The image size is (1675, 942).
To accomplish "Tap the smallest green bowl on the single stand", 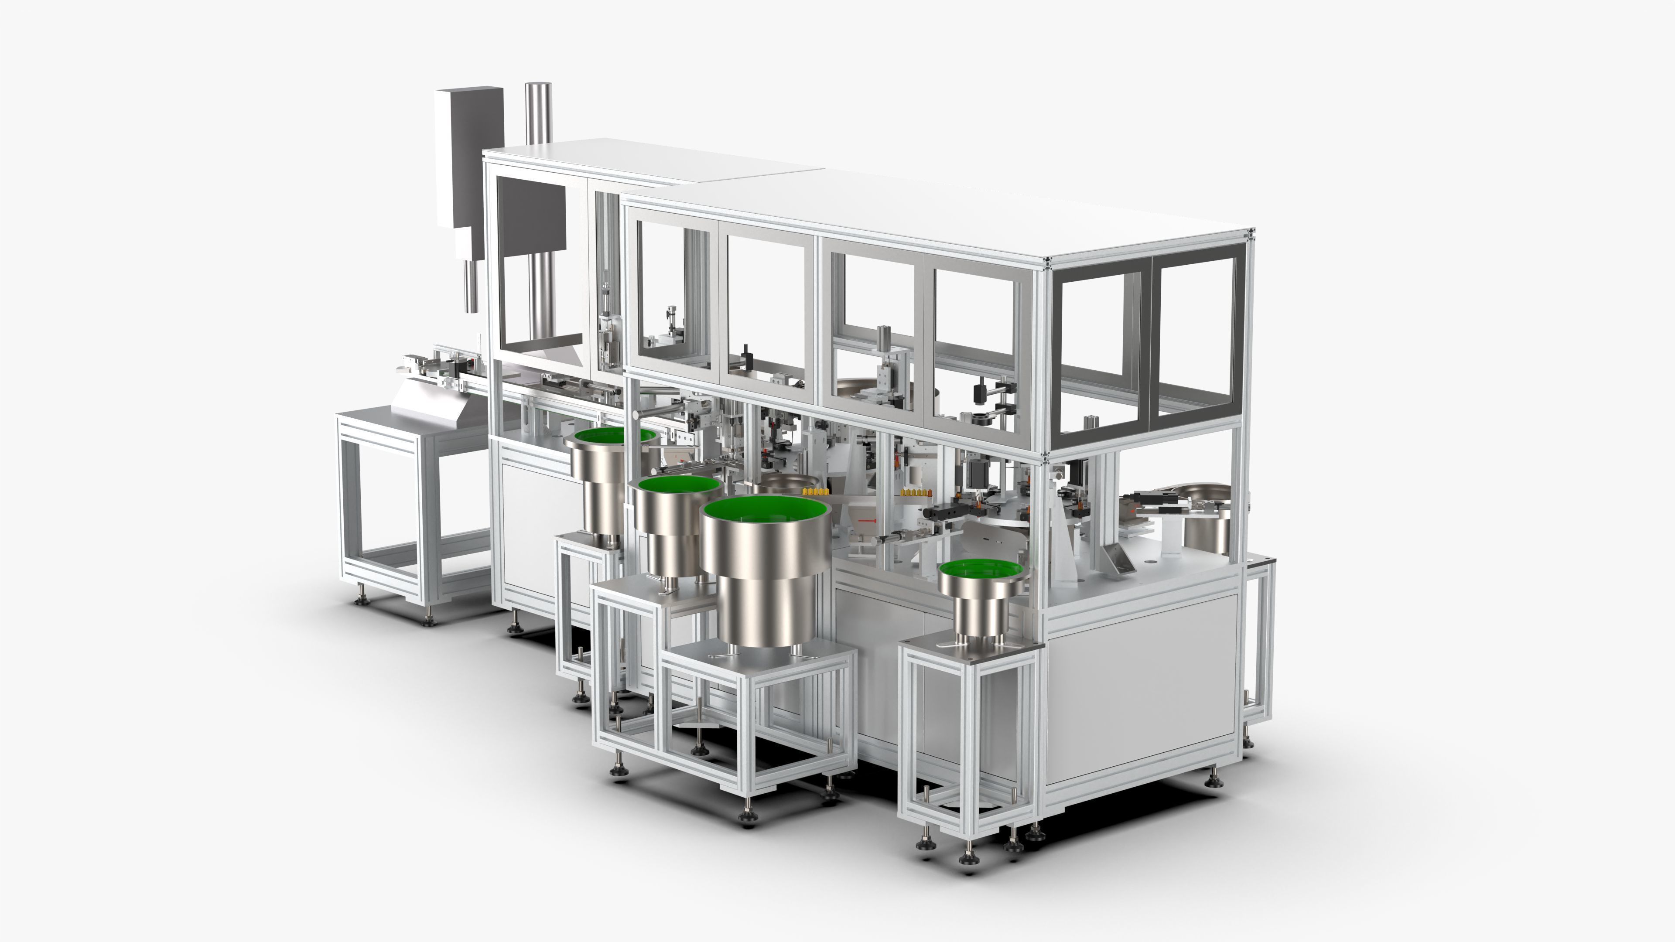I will (982, 570).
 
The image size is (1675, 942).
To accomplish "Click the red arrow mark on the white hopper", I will (867, 521).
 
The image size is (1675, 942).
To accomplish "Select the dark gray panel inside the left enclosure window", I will (532, 224).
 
